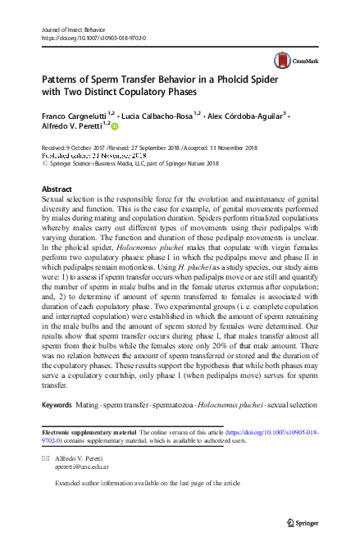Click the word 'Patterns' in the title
click(x=62, y=80)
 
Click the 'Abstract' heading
click(x=57, y=189)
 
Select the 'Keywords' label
click(x=59, y=407)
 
